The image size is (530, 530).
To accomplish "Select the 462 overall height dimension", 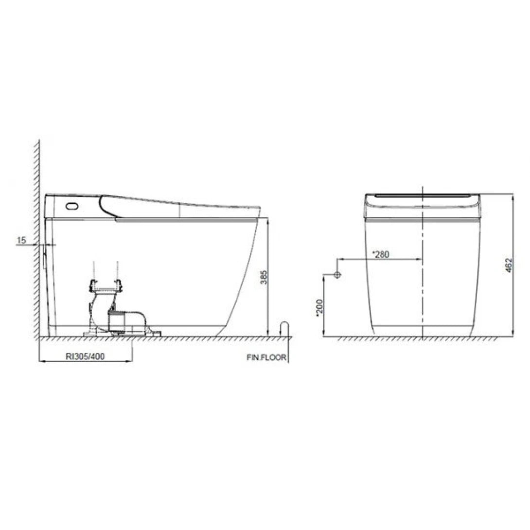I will coord(509,265).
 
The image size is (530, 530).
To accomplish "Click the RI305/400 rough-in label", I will coord(85,356).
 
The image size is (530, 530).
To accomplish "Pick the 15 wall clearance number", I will coord(21,240).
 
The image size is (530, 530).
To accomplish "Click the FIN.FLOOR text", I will coord(266,357).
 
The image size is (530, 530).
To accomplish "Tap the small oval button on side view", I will coord(71,206).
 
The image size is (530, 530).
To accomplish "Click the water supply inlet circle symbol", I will coord(338,275).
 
